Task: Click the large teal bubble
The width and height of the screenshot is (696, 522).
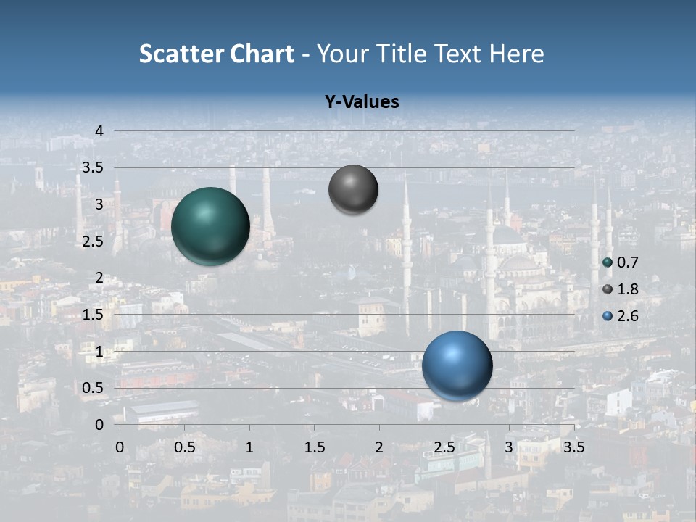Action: tap(210, 226)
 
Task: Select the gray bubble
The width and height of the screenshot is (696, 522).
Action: tap(353, 190)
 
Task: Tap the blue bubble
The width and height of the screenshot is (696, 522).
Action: tap(457, 365)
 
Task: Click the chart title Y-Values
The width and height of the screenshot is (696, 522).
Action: tap(361, 102)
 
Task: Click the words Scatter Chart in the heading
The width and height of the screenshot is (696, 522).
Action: tap(216, 54)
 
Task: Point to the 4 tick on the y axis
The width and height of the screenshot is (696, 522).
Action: tap(100, 131)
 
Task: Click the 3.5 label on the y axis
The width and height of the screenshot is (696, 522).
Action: tap(94, 168)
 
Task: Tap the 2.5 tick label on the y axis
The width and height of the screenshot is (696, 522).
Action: tap(94, 241)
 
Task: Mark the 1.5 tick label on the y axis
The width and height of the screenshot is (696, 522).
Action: tap(94, 315)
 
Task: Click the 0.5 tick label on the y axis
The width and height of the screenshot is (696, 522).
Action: tap(94, 388)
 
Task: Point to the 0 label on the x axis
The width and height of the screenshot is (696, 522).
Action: tap(120, 447)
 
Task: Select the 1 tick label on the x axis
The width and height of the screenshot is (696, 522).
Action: tap(249, 447)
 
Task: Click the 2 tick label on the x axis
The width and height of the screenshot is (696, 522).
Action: tap(379, 447)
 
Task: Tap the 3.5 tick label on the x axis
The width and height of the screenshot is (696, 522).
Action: tap(573, 447)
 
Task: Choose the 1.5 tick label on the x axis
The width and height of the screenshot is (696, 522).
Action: tap(315, 447)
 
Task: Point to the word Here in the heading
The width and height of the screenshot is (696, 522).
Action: tap(516, 54)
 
